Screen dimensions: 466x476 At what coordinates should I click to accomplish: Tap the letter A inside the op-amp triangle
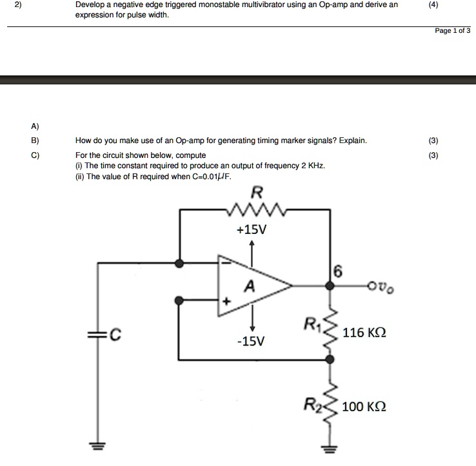pos(250,286)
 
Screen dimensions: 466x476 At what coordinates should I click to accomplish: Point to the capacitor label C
pos(115,334)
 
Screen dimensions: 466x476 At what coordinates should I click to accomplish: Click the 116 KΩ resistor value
pos(364,333)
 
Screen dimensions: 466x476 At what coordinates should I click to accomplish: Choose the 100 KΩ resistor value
pos(364,407)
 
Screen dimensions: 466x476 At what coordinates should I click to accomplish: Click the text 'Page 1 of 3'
pos(453,30)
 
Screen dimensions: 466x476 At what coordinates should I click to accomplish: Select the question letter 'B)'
pos(35,141)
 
